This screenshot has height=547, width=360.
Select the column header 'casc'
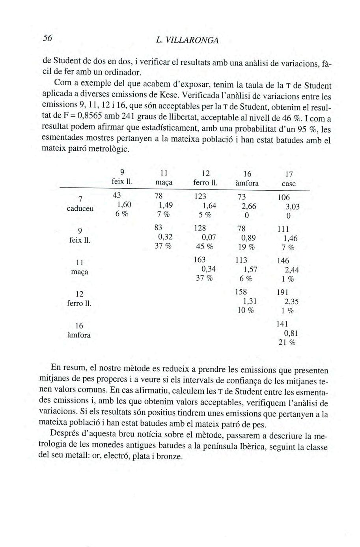(289, 184)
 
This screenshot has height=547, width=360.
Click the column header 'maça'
(164, 183)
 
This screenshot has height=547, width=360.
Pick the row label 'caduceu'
(80, 208)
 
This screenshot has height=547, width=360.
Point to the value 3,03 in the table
(292, 207)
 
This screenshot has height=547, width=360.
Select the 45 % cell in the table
(204, 247)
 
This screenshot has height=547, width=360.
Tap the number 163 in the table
(200, 260)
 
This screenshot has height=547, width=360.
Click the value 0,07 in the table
(209, 238)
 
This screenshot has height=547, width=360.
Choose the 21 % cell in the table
(287, 343)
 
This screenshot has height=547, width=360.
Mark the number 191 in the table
(283, 292)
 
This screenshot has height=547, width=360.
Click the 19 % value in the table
(246, 247)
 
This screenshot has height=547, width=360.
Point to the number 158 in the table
(241, 292)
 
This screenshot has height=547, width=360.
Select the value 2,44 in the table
(292, 270)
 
